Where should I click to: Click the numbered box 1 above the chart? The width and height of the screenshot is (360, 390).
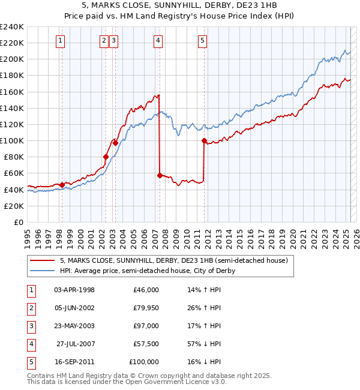(x=62, y=41)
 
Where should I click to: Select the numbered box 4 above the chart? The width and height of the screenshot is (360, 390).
(x=158, y=41)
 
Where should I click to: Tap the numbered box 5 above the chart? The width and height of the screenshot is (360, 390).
(x=202, y=41)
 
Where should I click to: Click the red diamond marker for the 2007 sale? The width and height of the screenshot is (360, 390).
(x=160, y=175)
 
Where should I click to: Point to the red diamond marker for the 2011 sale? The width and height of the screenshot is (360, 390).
(x=204, y=141)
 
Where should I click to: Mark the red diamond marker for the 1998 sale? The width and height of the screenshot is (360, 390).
(x=62, y=185)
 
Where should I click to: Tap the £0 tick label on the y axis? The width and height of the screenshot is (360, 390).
(x=18, y=222)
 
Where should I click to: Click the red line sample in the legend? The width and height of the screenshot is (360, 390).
(x=42, y=260)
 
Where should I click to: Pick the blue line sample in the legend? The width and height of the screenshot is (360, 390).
(x=42, y=271)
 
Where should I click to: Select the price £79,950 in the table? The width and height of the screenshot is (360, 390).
(x=146, y=308)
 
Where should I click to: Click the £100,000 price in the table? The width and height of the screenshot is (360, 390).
(x=144, y=362)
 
